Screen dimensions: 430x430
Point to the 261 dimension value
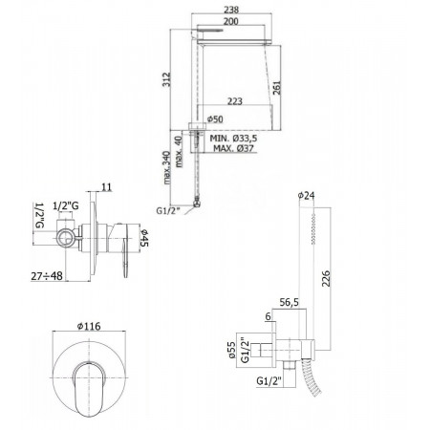tap(277, 89)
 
